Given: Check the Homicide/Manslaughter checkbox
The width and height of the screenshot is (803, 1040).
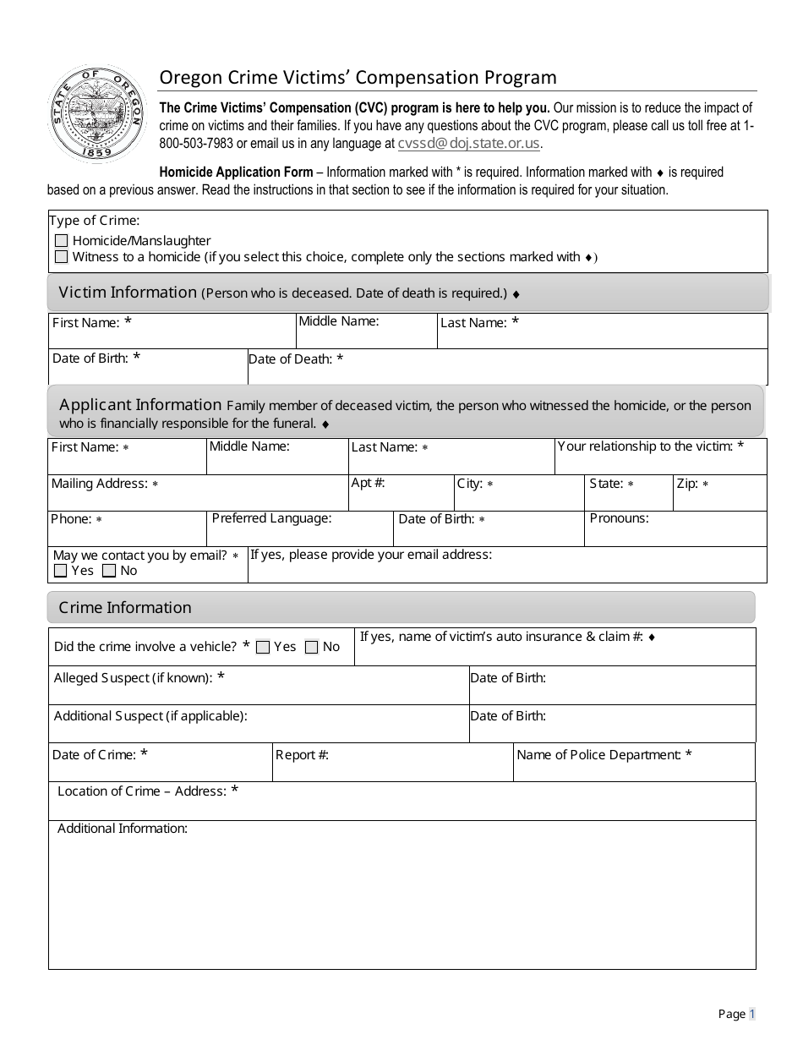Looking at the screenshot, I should tap(61, 241).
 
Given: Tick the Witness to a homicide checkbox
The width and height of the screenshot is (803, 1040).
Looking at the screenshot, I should tap(61, 256).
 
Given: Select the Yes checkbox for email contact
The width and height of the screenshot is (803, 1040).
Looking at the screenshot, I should tap(60, 571).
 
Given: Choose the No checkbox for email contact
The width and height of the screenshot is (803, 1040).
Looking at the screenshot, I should tap(109, 571).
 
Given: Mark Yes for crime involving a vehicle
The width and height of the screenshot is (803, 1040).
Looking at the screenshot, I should tap(263, 648).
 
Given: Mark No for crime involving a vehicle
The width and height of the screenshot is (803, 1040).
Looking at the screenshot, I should tap(312, 648).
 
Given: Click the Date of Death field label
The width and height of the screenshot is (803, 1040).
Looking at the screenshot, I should tap(290, 359).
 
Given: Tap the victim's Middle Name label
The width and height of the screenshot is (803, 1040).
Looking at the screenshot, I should tap(338, 321).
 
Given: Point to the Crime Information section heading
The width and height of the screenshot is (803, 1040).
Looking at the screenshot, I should tap(125, 608).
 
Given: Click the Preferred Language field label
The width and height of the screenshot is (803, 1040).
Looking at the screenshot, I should tap(271, 518).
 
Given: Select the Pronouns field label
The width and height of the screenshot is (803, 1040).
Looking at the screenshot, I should tap(619, 518).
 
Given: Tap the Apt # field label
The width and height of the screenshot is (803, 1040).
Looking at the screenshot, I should tap(368, 483).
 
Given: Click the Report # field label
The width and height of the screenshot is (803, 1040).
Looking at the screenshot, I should tap(302, 755).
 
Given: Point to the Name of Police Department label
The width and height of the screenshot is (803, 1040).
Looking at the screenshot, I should tap(598, 755).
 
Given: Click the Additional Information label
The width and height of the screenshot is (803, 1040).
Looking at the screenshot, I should tap(122, 829).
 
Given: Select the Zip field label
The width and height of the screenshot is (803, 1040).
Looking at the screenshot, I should tap(687, 484).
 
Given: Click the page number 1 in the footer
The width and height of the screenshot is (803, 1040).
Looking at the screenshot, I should tap(751, 1014).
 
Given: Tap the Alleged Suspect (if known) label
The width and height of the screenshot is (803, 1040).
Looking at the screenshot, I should tap(133, 678).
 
